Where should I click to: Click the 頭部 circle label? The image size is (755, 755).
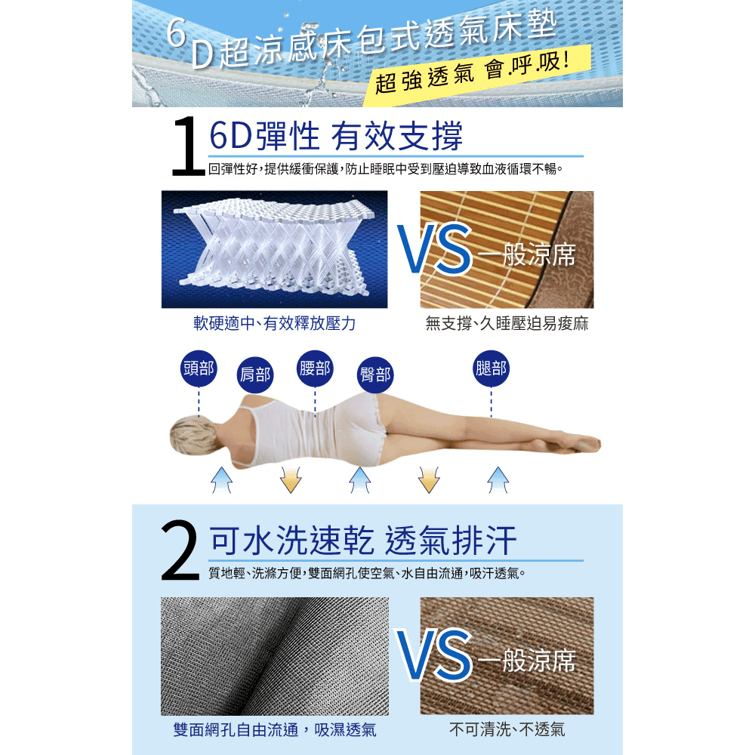[x=199, y=368]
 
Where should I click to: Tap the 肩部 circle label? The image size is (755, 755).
[x=255, y=374]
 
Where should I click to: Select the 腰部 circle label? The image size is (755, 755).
[x=315, y=368]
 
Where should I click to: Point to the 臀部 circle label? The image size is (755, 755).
[x=375, y=374]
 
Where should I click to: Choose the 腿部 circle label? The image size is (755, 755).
[x=491, y=368]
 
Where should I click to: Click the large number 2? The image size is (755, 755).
[x=181, y=553]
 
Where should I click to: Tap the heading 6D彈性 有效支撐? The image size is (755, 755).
[x=335, y=136]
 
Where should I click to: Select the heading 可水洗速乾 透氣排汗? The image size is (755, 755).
[x=363, y=541]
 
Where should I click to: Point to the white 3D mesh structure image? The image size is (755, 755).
[x=274, y=249]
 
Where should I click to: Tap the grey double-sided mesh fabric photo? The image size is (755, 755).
[x=274, y=655]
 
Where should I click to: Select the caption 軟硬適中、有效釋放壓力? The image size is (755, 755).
[x=274, y=324]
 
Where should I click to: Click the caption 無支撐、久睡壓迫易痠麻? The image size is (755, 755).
[x=507, y=324]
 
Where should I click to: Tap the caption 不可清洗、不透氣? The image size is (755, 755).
[x=507, y=729]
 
